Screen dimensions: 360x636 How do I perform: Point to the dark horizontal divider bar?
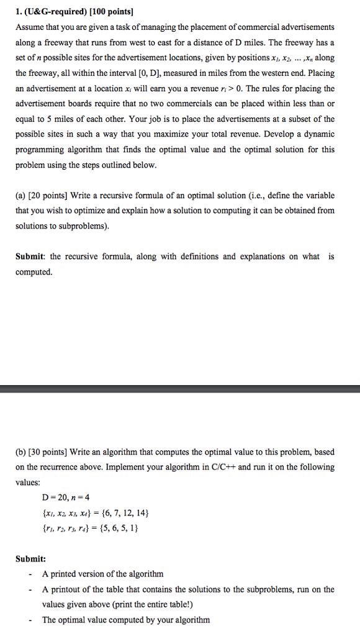point(180,389)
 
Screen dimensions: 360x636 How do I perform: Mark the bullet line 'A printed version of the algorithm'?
point(103,574)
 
